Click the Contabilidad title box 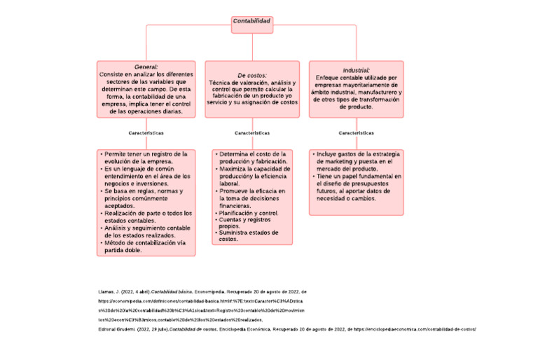tap(251, 22)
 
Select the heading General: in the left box tap(146, 67)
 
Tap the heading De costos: tap(251, 75)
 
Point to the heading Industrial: tap(356, 70)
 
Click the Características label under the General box tap(146, 132)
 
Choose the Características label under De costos tap(251, 132)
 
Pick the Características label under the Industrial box tap(356, 132)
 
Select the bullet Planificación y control tap(249, 213)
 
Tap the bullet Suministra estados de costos tap(249, 235)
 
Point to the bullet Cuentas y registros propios tap(244, 223)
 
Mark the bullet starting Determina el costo tap(253, 157)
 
